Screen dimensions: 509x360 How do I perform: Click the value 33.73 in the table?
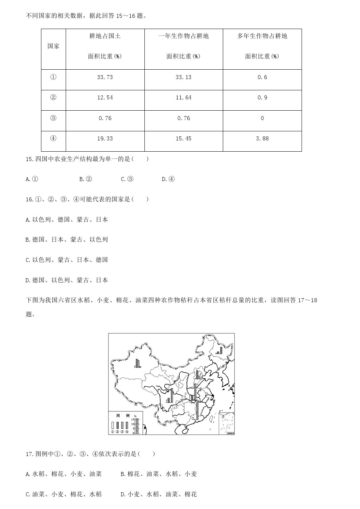click(105, 77)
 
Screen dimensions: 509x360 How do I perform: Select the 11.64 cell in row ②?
click(183, 98)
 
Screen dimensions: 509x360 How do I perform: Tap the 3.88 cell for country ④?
click(262, 139)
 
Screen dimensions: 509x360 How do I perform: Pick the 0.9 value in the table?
click(262, 98)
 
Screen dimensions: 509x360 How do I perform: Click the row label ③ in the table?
click(53, 118)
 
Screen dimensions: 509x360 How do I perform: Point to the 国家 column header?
click(53, 46)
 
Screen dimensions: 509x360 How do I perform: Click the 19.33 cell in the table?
click(105, 139)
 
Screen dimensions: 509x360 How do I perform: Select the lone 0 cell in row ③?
click(262, 118)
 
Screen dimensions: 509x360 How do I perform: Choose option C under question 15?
click(127, 179)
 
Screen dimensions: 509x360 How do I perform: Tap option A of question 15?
click(32, 179)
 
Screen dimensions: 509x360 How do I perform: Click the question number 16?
click(30, 199)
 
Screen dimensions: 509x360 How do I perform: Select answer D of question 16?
click(67, 280)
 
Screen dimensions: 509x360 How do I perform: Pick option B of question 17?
click(159, 474)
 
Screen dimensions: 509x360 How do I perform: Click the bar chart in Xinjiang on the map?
click(137, 364)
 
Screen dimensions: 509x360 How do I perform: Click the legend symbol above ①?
click(113, 425)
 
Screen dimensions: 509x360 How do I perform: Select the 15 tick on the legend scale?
click(133, 420)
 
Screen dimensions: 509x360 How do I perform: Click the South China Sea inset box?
click(226, 422)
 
